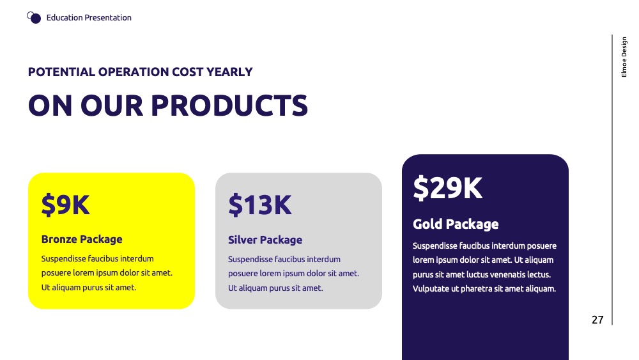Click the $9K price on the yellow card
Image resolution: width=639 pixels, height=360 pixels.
tap(65, 205)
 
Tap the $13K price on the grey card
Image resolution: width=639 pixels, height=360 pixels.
tap(260, 205)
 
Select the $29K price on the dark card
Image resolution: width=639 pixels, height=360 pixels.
tap(447, 188)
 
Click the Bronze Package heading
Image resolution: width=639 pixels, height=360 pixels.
tap(82, 239)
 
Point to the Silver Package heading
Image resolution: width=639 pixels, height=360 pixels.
tap(265, 240)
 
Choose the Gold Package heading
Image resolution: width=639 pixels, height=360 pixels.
tap(456, 224)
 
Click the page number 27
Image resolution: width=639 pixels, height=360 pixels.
tap(597, 320)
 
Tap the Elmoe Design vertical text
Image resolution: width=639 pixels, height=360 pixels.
tap(624, 57)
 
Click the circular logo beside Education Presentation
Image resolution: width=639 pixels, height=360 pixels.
tap(34, 17)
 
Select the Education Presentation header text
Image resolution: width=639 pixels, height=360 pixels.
tap(89, 17)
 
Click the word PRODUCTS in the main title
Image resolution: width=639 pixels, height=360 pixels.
tap(229, 106)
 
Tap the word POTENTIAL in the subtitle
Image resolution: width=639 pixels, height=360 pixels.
tap(61, 72)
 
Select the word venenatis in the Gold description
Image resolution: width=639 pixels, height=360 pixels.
tap(505, 274)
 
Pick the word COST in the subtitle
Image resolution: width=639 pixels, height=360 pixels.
tap(187, 72)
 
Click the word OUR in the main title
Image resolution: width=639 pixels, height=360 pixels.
tap(112, 106)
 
